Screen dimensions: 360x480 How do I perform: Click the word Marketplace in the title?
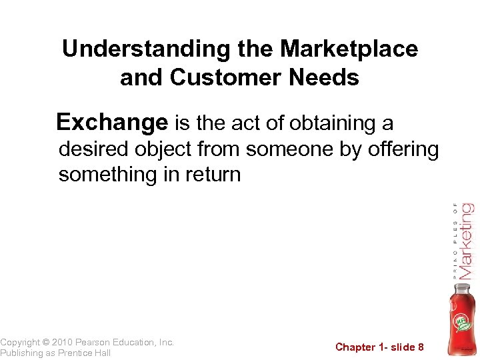tap(349, 49)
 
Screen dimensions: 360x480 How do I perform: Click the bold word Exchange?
tap(112, 123)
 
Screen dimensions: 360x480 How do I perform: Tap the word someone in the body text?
tap(290, 149)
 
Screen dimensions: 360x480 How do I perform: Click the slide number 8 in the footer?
tap(421, 347)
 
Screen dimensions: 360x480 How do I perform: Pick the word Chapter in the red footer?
tap(355, 347)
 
